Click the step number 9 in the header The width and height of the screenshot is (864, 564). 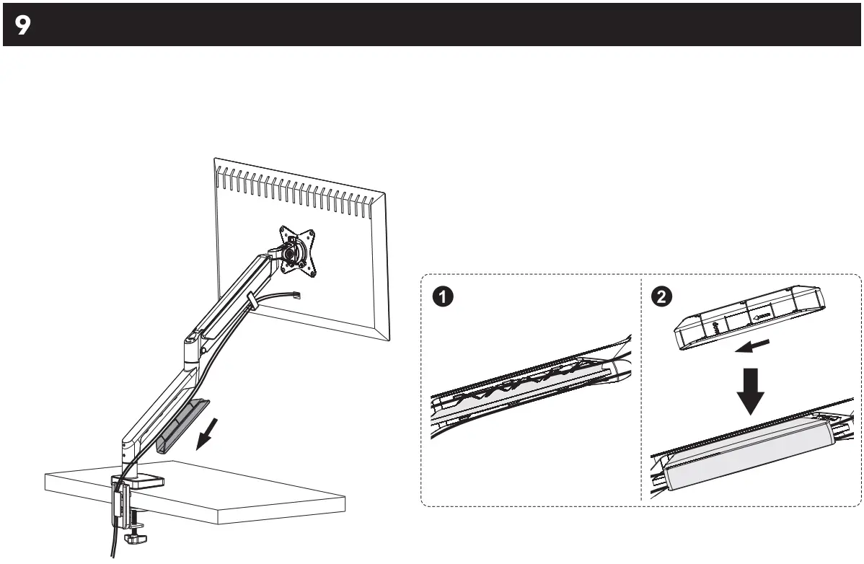[x=23, y=25]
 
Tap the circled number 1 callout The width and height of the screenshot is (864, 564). [x=444, y=296]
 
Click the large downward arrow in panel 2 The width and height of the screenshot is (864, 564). [x=751, y=390]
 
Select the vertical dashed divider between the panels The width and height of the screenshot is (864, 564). [x=641, y=389]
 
